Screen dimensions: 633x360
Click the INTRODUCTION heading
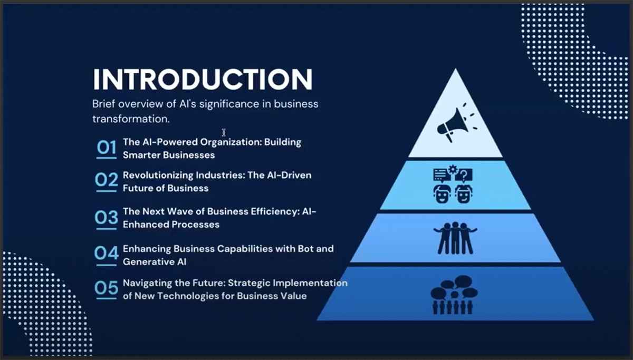(203, 80)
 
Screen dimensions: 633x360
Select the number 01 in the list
(106, 148)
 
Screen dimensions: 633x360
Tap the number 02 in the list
(106, 180)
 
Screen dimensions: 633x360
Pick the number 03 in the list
(106, 217)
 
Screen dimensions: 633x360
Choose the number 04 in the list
(106, 252)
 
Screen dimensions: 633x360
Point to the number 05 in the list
(106, 288)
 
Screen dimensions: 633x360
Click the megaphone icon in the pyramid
(457, 123)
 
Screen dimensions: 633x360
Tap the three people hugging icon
(455, 238)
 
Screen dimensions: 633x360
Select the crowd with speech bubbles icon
(454, 295)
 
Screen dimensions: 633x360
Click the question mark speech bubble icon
(464, 175)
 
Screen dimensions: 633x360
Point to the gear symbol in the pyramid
(453, 169)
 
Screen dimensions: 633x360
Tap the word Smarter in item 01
(141, 155)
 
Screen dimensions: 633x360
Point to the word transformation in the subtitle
(131, 119)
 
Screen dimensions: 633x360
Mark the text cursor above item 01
(224, 132)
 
